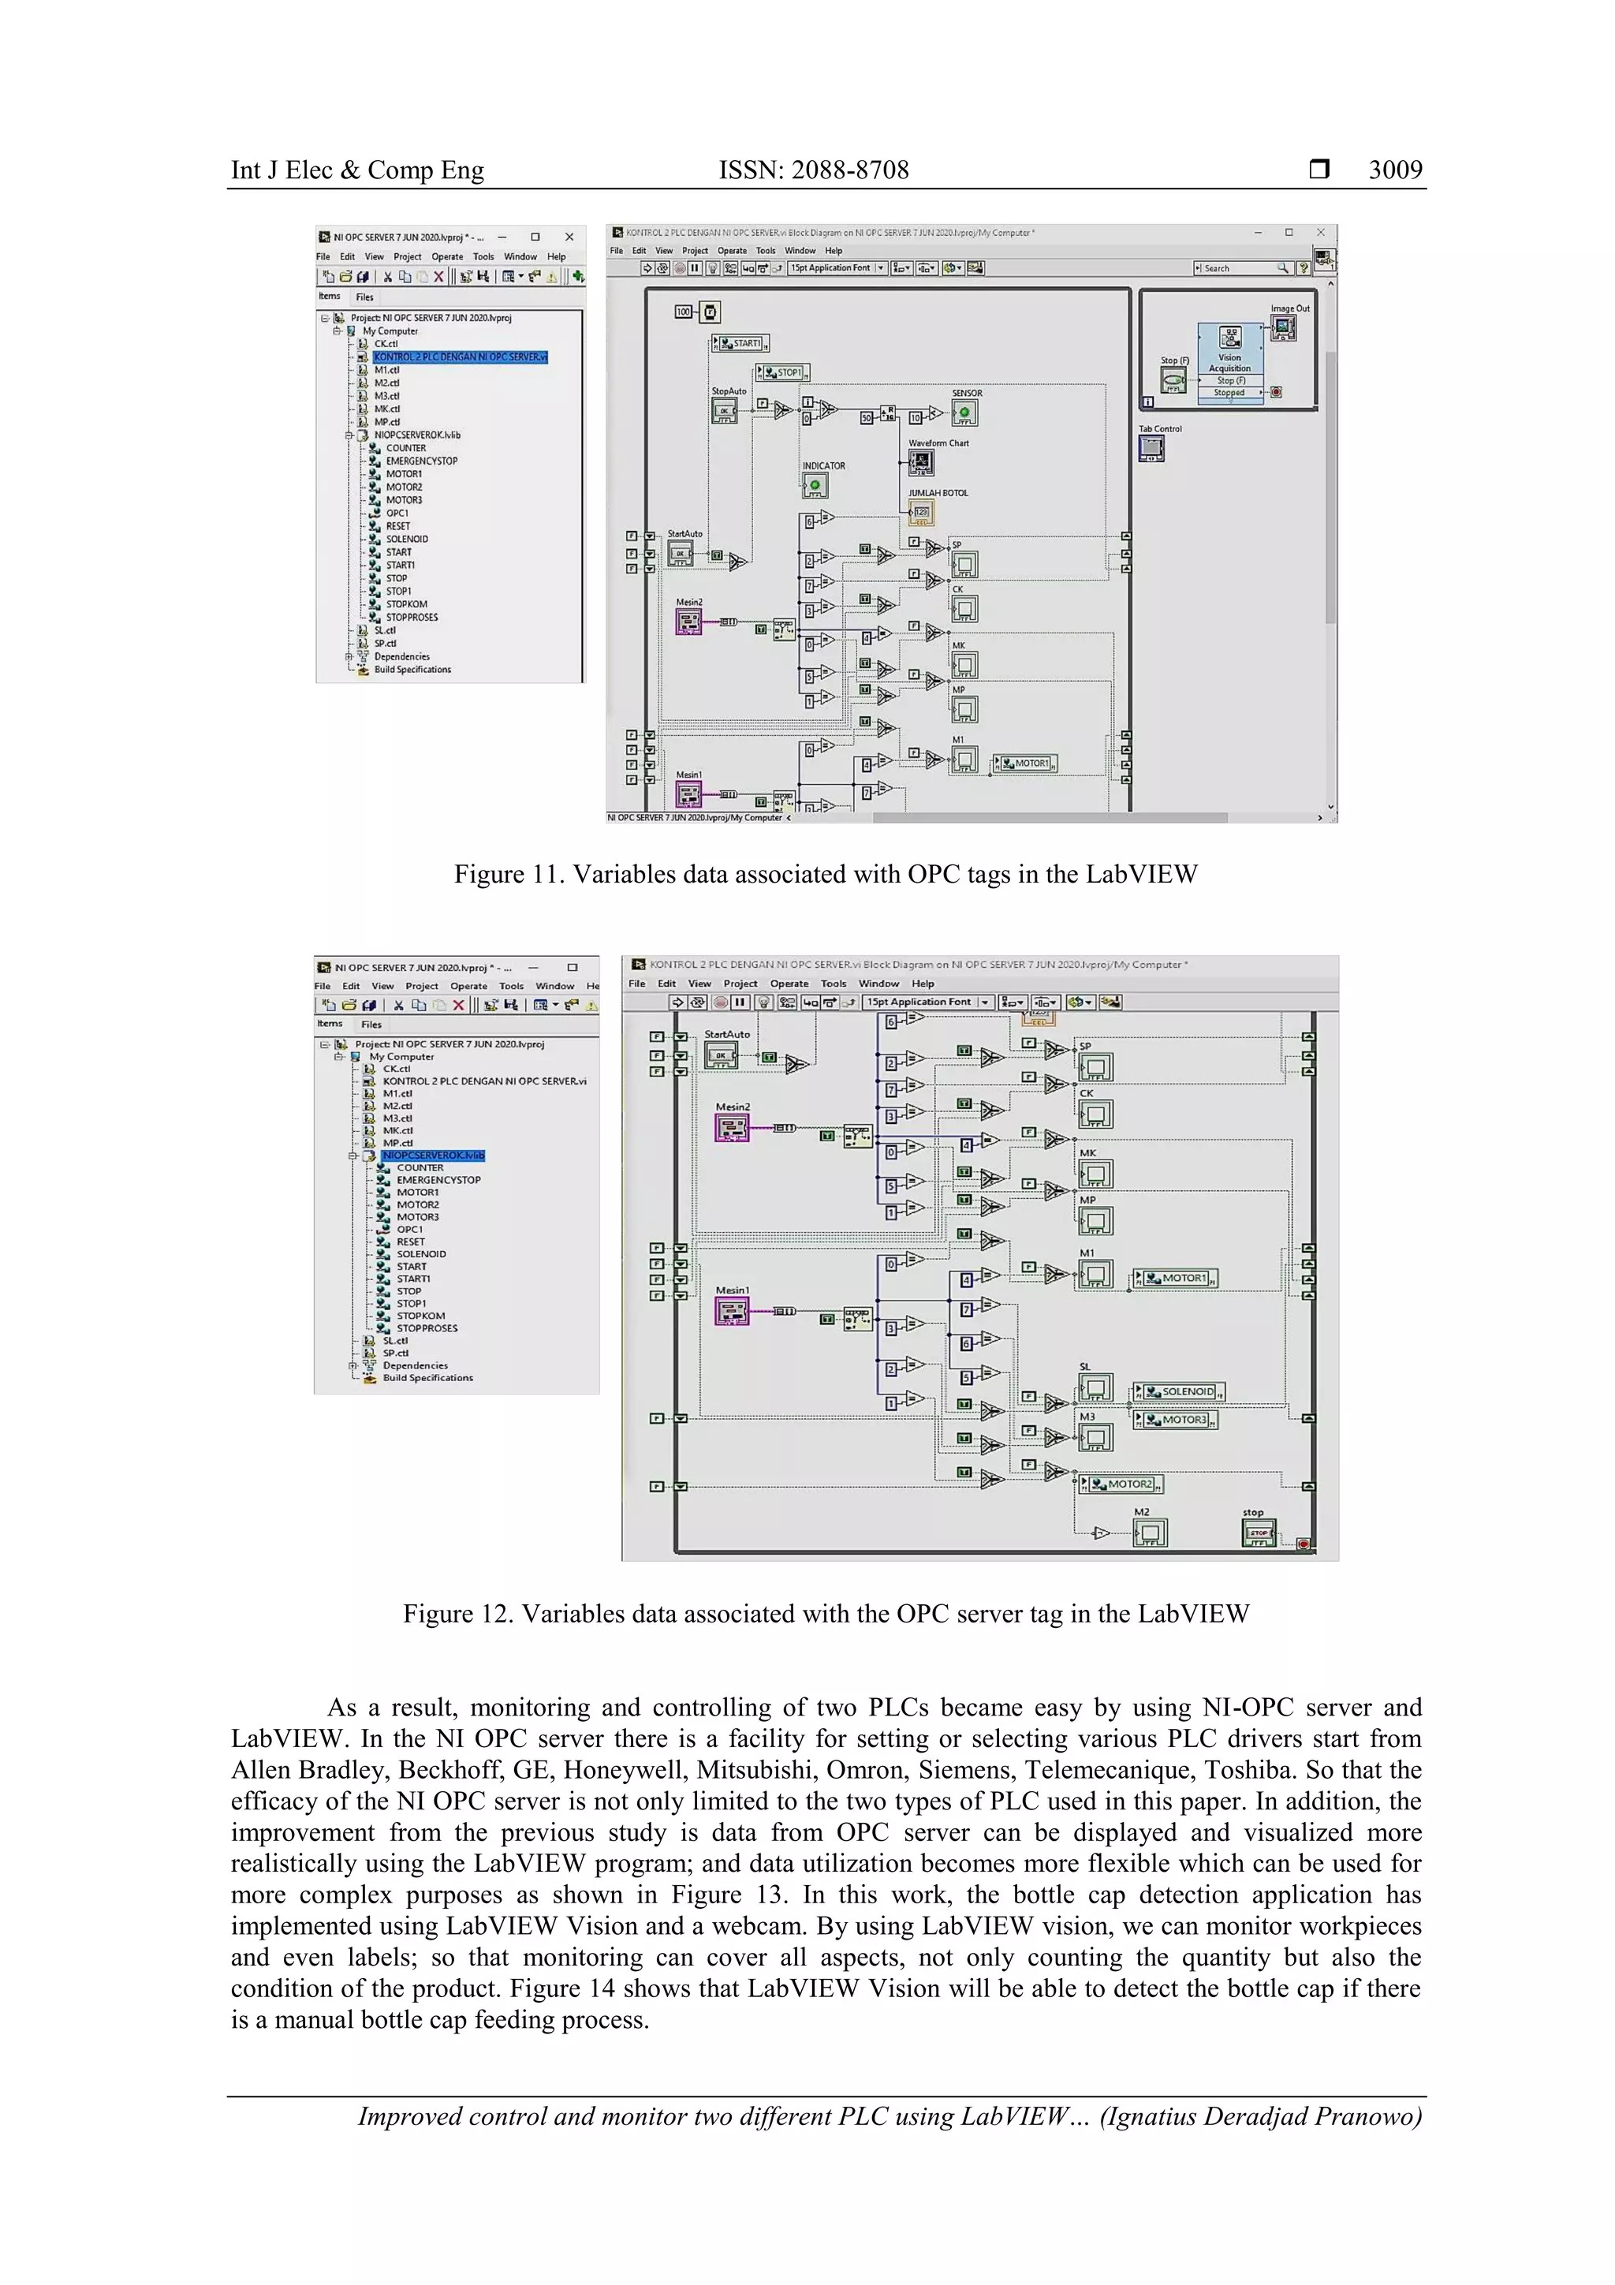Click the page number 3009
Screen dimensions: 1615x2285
[1394, 170]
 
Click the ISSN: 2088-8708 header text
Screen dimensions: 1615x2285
[813, 170]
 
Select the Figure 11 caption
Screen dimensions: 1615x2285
[825, 874]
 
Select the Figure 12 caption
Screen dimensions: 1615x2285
[825, 1613]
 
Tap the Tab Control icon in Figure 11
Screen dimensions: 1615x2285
[1151, 449]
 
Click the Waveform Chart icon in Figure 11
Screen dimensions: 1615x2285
[920, 461]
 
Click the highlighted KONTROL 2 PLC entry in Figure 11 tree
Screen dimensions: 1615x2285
[460, 357]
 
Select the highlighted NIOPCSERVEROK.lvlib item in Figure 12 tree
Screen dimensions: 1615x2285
[433, 1156]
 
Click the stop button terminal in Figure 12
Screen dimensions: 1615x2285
[1259, 1533]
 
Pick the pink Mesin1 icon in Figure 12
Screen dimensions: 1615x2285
[731, 1312]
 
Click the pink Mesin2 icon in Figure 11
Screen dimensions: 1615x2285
[688, 623]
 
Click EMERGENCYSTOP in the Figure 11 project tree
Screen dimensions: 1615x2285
[421, 461]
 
